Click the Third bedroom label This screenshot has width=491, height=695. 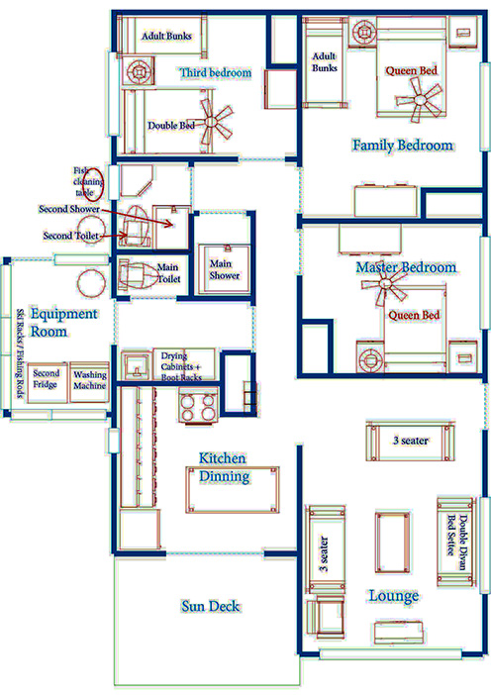[x=216, y=72]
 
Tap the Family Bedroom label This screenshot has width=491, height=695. [x=403, y=145]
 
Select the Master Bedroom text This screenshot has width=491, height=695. [x=406, y=267]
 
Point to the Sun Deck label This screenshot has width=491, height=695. [x=211, y=606]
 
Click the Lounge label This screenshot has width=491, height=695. [x=394, y=596]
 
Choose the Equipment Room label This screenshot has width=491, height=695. [x=63, y=322]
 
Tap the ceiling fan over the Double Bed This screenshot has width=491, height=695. [x=215, y=121]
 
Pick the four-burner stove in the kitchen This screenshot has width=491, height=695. [x=198, y=405]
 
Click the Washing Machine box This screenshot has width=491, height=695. [x=89, y=382]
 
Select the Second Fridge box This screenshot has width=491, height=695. [x=48, y=382]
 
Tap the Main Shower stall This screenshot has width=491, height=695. [x=225, y=268]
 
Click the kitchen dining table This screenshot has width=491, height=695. [x=233, y=490]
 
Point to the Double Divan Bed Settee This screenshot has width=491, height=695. [x=455, y=542]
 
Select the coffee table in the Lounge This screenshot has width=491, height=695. [x=393, y=544]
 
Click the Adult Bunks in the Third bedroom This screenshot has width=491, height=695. [x=162, y=35]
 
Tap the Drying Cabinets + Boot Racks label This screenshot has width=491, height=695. [x=181, y=366]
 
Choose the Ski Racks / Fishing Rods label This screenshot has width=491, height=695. [x=21, y=353]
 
